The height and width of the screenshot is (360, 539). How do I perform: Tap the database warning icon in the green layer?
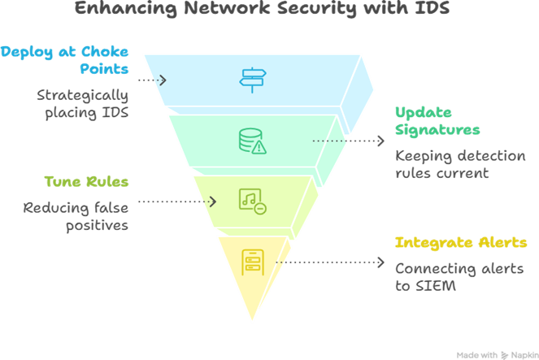pyautogui.click(x=251, y=141)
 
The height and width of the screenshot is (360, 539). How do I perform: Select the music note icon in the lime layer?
pyautogui.click(x=251, y=200)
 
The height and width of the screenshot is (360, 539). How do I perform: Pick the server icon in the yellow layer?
pyautogui.click(x=252, y=262)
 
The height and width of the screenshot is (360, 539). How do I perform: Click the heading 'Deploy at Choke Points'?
pyautogui.click(x=66, y=60)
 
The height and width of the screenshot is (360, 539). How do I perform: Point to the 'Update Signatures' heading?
pyautogui.click(x=437, y=121)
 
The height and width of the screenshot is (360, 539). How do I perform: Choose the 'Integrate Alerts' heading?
pyautogui.click(x=460, y=243)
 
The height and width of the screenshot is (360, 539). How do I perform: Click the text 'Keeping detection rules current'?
pyautogui.click(x=460, y=164)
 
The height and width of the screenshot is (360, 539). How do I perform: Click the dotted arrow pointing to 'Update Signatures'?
pyautogui.click(x=349, y=141)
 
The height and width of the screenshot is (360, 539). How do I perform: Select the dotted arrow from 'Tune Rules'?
pyautogui.click(x=177, y=200)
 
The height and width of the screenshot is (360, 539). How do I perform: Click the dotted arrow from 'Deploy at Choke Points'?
pyautogui.click(x=152, y=80)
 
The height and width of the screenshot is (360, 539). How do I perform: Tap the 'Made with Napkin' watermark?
pyautogui.click(x=495, y=354)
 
